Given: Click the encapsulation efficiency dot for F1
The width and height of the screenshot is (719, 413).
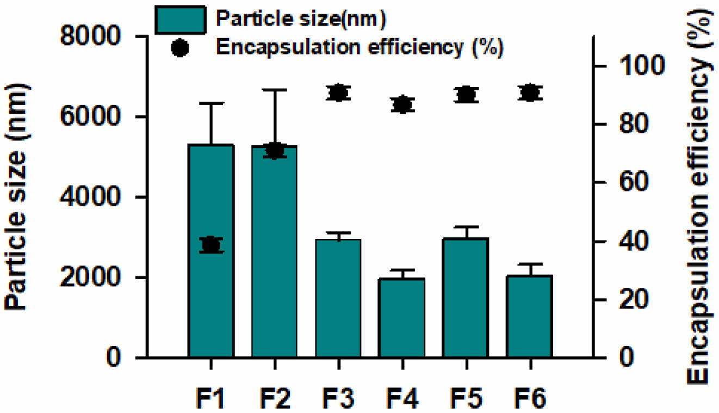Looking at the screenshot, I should point(211,245).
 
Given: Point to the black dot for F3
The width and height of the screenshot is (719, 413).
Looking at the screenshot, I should point(338,93).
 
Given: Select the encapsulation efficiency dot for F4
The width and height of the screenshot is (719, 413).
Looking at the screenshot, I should point(402,104).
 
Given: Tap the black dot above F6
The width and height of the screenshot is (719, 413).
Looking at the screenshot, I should point(530,93).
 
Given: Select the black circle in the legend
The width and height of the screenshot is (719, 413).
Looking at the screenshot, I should point(180,48).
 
